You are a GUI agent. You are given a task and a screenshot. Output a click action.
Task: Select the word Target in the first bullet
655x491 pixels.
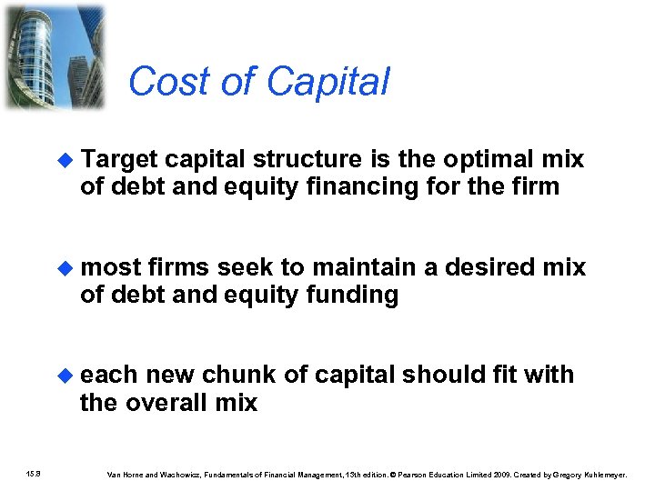pos(120,160)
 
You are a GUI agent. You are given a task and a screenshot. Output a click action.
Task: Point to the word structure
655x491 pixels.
pos(298,160)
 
